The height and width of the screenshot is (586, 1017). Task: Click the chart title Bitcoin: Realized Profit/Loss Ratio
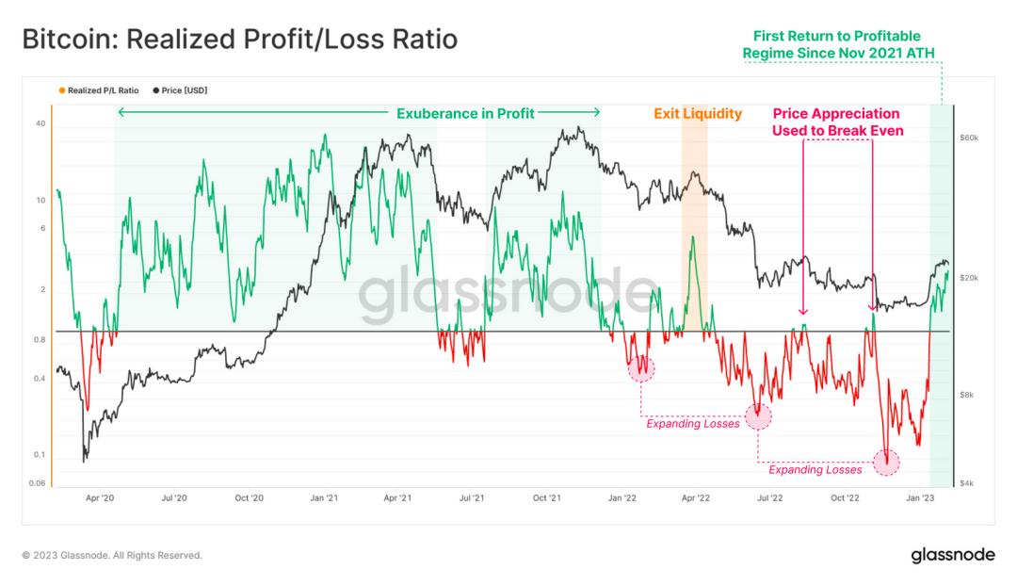tap(239, 40)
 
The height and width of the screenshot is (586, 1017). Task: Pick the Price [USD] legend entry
tap(179, 90)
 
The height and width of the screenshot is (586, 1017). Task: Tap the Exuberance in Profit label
tap(464, 114)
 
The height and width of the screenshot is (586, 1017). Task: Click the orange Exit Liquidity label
tap(698, 114)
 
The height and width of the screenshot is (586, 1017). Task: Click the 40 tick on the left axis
tap(40, 123)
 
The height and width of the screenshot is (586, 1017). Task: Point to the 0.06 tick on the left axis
tap(38, 483)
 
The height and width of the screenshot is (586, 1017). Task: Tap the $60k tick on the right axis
tap(969, 138)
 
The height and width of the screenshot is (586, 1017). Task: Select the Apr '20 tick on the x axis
tap(100, 496)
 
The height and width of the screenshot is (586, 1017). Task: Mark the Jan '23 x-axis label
tap(920, 496)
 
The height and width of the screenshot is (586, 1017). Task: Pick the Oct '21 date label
tap(547, 496)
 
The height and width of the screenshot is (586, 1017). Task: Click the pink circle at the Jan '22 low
tap(641, 368)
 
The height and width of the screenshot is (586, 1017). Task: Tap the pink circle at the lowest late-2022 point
tap(886, 462)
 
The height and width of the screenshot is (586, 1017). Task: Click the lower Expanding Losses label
tap(815, 469)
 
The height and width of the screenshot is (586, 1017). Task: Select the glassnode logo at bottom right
tap(952, 555)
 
